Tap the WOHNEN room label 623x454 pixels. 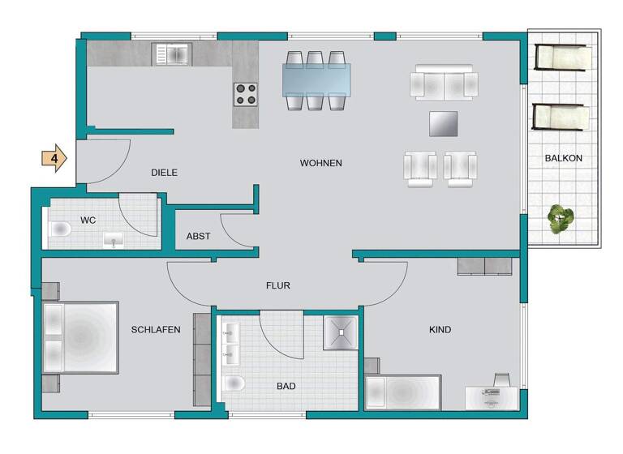(320, 163)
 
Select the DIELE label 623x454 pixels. (164, 173)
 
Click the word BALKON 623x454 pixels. (563, 158)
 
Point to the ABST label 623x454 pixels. (198, 237)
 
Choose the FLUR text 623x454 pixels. (277, 285)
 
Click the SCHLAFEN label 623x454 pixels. (155, 329)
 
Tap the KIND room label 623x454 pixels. (440, 330)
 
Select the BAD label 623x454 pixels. (286, 387)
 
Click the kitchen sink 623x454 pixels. (171, 54)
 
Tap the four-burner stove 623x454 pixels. (246, 95)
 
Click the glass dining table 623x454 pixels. (316, 80)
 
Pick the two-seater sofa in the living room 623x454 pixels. (444, 83)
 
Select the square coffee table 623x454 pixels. (444, 124)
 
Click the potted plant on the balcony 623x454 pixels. (560, 218)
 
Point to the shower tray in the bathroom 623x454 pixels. (340, 332)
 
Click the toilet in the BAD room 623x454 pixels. (233, 383)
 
